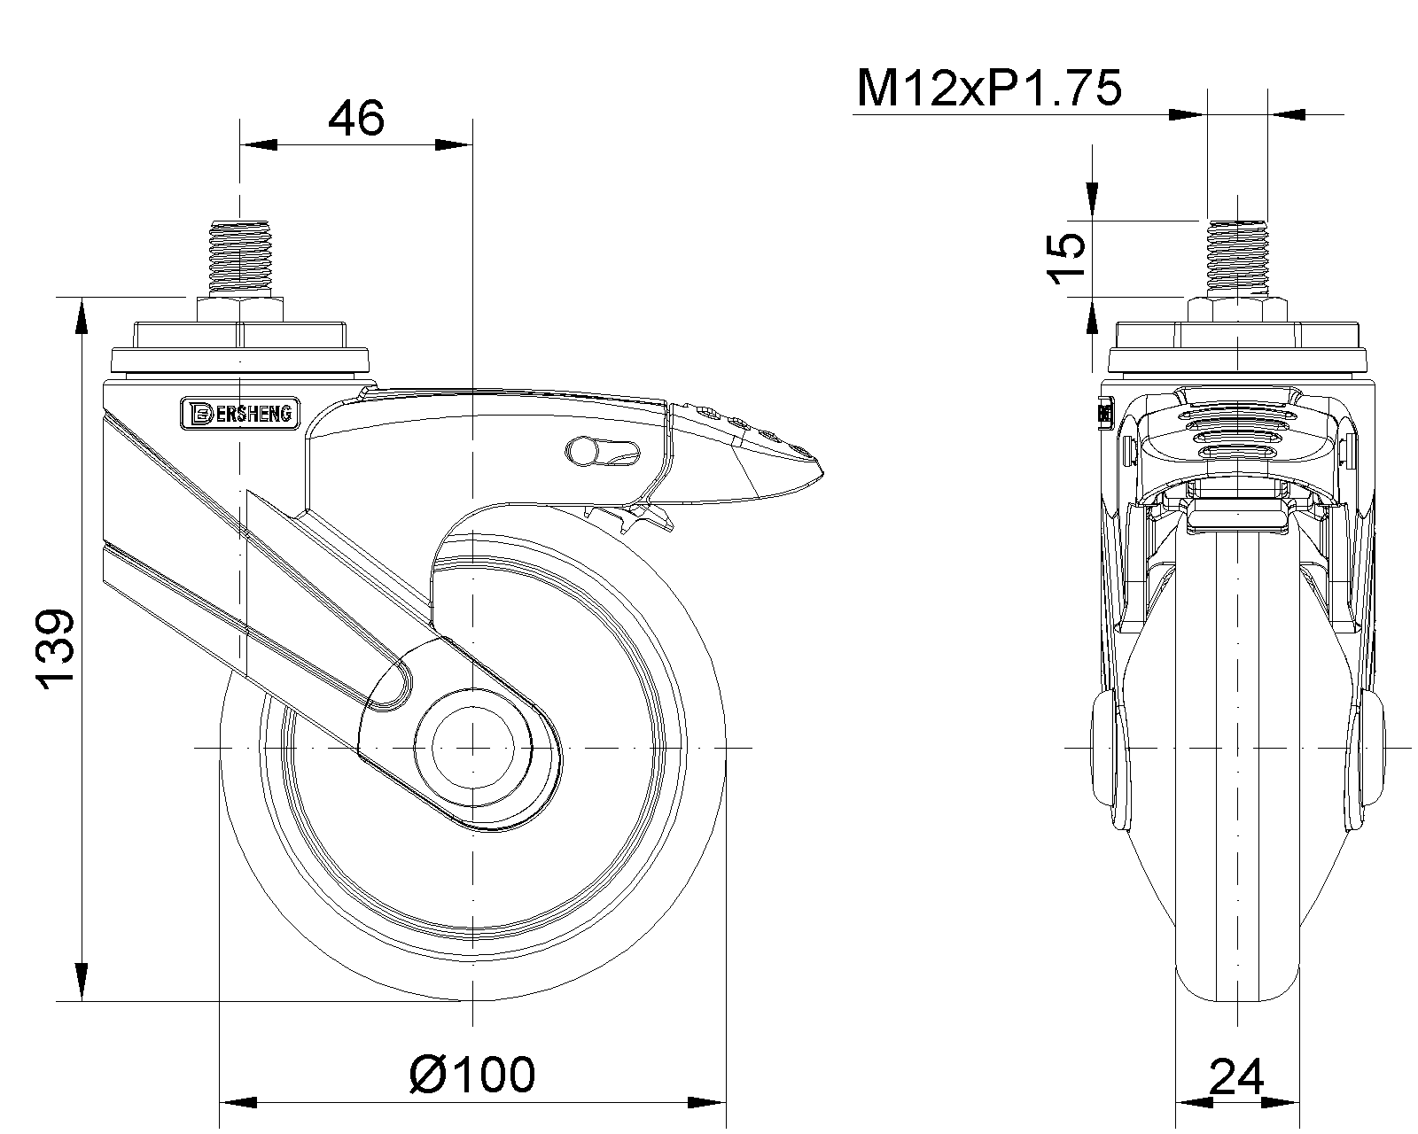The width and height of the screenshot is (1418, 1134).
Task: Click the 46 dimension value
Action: [355, 119]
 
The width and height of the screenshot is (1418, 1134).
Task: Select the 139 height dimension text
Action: [56, 649]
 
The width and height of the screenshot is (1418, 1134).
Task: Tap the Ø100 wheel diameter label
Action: [471, 1075]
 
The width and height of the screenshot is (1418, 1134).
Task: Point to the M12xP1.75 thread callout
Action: [988, 89]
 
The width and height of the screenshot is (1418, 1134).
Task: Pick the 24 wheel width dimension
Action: [1236, 1076]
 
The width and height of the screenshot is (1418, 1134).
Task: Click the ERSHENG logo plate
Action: [240, 413]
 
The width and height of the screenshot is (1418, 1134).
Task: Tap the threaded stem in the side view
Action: [240, 259]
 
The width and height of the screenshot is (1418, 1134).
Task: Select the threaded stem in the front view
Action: [1237, 259]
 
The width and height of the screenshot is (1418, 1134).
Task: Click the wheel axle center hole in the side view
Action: [472, 748]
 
